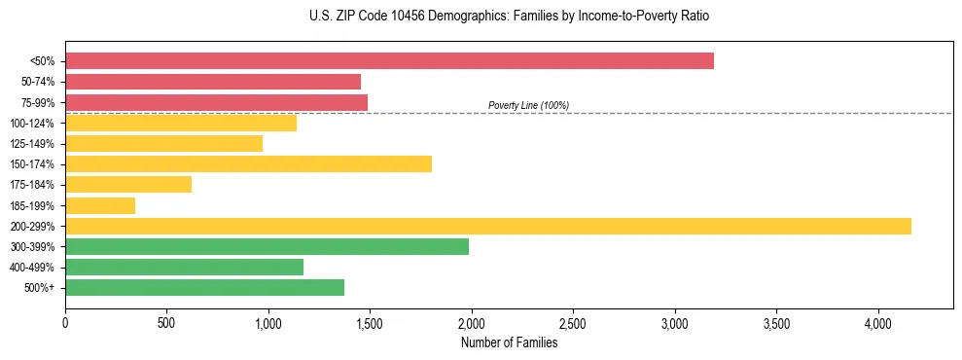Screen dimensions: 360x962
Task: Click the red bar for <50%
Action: (x=389, y=61)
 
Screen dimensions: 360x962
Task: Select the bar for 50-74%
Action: (x=213, y=82)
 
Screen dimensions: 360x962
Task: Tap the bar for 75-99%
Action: (x=216, y=102)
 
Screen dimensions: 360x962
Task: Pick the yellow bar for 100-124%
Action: (x=181, y=123)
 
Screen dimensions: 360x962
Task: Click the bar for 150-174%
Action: (x=248, y=163)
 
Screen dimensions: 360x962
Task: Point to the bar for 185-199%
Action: (x=100, y=205)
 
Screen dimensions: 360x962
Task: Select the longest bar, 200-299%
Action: (x=488, y=226)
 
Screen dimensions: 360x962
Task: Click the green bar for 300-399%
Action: (x=267, y=246)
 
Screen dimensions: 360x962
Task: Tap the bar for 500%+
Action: (x=204, y=287)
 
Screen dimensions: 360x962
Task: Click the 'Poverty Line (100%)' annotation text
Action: (x=528, y=105)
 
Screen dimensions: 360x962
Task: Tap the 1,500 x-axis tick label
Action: (x=370, y=323)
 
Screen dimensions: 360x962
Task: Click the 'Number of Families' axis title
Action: (x=509, y=342)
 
